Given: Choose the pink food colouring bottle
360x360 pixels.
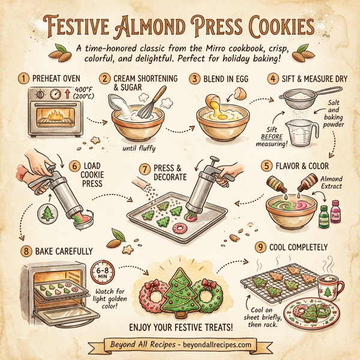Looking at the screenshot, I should coord(335,211).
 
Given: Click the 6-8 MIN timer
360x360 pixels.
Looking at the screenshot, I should coord(106,273).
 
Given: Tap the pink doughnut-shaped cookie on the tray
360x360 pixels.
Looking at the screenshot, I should coord(178,228).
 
